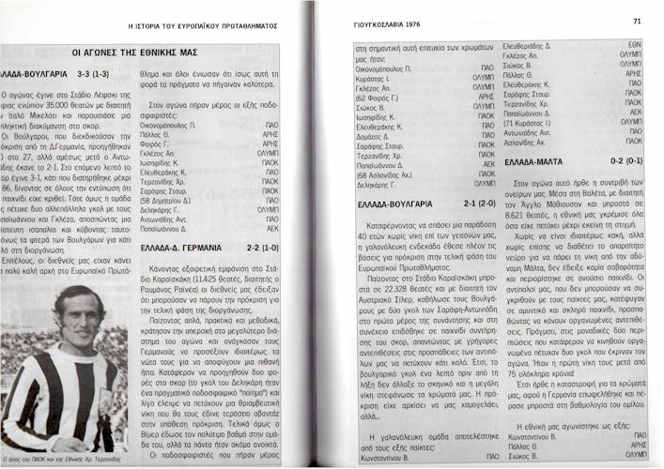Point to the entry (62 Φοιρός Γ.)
[380, 96]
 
